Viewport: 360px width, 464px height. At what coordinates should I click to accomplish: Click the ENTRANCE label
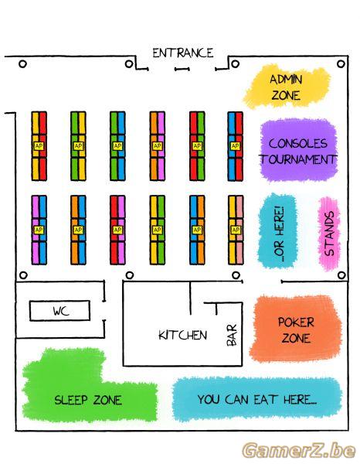click(182, 53)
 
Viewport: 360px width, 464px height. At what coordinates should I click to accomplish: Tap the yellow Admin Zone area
click(286, 87)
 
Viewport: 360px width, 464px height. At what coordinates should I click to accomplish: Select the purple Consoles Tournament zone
click(298, 151)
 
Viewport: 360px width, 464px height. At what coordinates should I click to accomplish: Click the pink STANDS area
click(329, 234)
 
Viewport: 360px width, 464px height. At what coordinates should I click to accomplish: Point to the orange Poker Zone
click(296, 329)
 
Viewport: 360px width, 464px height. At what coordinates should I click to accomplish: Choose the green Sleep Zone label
click(88, 400)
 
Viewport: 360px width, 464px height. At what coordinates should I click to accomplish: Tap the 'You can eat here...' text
click(256, 400)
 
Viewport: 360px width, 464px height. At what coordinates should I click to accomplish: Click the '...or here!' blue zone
click(277, 231)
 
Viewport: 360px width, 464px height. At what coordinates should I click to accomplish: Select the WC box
click(59, 311)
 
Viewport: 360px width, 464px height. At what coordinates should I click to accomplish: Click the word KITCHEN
click(182, 335)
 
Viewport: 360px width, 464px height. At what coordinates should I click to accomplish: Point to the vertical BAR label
click(232, 335)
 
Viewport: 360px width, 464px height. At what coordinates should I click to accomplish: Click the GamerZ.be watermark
click(298, 451)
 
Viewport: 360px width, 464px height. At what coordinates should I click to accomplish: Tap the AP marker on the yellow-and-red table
click(39, 146)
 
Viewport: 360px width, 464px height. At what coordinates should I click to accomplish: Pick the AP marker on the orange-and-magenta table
click(157, 146)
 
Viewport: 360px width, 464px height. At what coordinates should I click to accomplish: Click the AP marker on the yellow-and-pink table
click(236, 230)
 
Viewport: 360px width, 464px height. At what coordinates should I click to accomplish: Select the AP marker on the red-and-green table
click(197, 146)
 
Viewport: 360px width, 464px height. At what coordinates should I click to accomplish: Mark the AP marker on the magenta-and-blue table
click(39, 230)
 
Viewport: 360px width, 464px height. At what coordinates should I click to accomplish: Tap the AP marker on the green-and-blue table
click(117, 146)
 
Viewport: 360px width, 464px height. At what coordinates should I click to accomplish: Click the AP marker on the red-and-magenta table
click(117, 230)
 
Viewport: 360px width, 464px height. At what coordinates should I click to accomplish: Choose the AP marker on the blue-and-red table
click(235, 146)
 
